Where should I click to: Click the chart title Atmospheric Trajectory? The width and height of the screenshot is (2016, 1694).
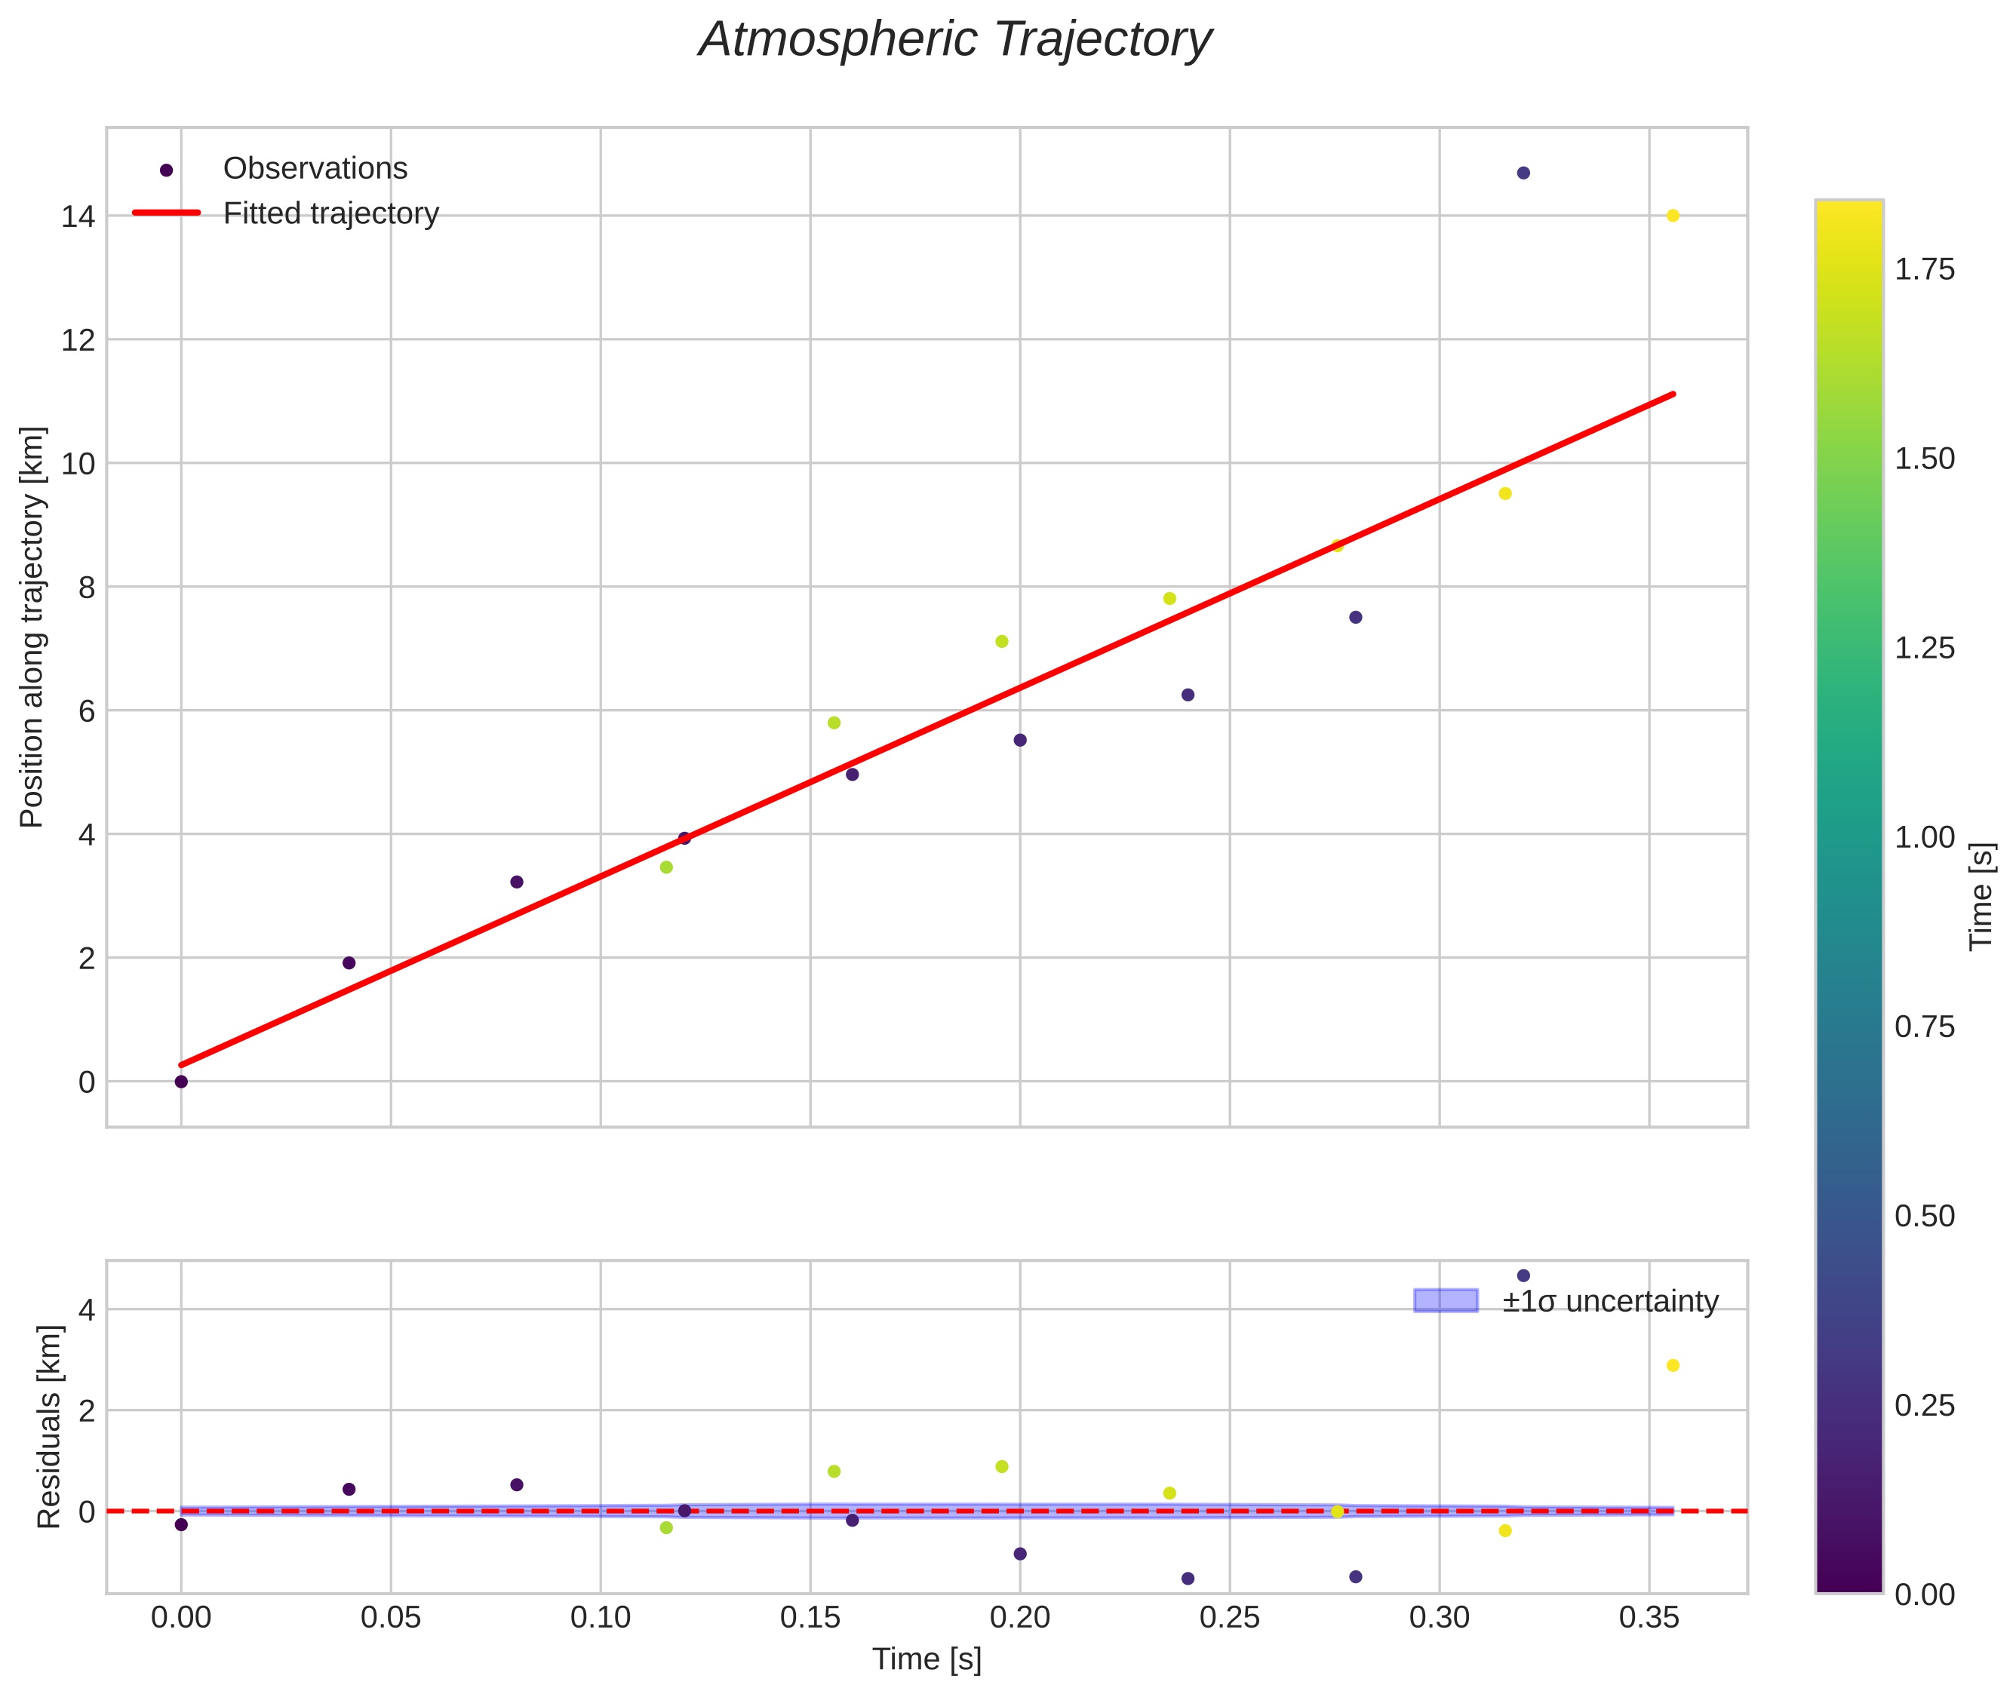pos(954,40)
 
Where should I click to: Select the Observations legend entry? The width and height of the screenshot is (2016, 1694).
pos(315,168)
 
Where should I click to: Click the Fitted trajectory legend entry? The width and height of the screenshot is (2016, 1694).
pos(330,213)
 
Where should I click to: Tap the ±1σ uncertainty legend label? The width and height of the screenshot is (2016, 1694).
pos(1610,1301)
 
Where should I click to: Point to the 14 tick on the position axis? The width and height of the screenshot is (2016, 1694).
pos(78,217)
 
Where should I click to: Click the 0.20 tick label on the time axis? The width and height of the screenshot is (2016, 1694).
pos(1020,1618)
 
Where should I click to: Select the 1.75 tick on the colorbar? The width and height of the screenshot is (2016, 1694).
pos(1924,270)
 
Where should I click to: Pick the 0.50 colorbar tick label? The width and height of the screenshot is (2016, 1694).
pos(1924,1217)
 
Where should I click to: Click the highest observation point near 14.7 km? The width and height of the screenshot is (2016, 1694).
pos(1523,173)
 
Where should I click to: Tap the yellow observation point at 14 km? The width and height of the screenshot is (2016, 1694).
pos(1672,216)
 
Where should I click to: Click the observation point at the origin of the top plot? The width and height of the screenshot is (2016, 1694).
pos(180,1082)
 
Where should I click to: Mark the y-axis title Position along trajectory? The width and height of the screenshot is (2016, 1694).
pos(32,627)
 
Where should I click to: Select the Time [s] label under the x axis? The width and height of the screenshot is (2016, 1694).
pos(927,1659)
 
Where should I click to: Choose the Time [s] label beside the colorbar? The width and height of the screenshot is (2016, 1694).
pos(1982,896)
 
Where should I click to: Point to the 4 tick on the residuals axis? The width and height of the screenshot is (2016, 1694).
pos(87,1310)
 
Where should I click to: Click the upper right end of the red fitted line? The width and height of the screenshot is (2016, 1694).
pos(1673,394)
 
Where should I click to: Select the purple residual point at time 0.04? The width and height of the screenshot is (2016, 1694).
pos(349,1490)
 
